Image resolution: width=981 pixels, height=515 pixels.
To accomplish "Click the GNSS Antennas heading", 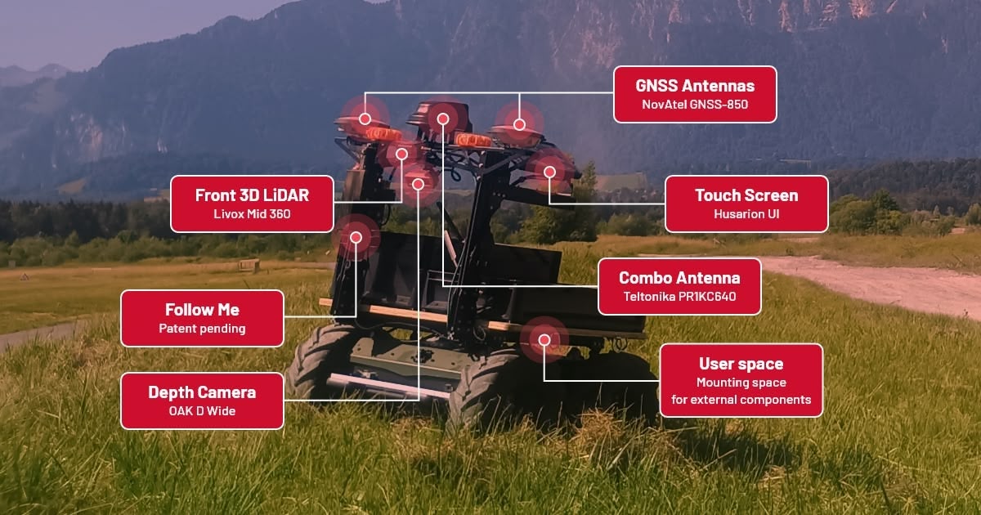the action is (695, 86).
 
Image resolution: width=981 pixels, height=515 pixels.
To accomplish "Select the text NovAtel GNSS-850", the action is (695, 105).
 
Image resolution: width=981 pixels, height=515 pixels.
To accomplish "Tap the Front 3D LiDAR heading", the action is (253, 195).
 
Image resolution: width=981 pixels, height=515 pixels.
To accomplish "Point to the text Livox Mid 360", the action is (253, 214).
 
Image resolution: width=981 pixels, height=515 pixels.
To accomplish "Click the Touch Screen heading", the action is (746, 195).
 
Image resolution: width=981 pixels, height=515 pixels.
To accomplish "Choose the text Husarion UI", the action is (746, 214).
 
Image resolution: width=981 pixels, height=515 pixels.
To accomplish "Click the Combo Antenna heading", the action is (679, 278).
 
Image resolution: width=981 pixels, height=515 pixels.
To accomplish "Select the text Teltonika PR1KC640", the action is (679, 297).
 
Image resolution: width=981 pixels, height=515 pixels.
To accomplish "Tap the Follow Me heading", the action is (203, 310).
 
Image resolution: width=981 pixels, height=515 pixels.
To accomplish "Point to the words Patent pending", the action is (203, 329).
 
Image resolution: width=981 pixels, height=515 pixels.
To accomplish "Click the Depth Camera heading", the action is (203, 392).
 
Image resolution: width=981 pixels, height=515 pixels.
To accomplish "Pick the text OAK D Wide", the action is (203, 411).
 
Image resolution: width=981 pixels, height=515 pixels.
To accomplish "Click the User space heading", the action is (741, 364).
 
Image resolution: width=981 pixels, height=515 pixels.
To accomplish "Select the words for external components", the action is (741, 400).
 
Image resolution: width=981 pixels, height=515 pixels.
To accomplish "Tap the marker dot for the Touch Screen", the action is (550, 172).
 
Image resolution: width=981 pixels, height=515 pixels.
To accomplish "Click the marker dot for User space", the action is (544, 340).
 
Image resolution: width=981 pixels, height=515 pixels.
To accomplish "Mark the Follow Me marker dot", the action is (356, 237).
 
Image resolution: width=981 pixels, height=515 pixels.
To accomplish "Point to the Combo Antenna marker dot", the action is (443, 119).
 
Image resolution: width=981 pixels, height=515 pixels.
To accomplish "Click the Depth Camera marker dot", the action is (419, 185).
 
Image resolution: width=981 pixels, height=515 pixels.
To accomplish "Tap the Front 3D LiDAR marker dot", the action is (401, 154).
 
